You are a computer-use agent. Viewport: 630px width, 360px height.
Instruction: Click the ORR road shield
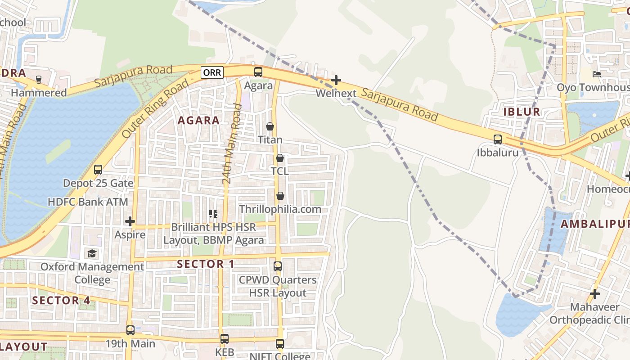[x=212, y=72]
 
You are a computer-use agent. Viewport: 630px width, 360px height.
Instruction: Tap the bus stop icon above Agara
[x=258, y=72]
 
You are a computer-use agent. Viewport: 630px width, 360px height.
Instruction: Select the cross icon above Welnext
[x=336, y=80]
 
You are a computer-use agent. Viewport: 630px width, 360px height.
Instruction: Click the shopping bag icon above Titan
[x=270, y=126]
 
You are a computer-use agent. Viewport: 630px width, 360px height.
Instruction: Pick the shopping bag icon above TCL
[x=280, y=158]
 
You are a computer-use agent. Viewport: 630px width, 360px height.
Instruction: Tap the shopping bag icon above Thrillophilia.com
[x=280, y=196]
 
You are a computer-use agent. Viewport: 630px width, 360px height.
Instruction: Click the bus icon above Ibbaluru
[x=498, y=139]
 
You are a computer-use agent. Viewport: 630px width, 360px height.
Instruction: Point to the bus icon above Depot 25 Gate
[x=98, y=170]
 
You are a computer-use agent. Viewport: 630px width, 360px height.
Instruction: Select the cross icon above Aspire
[x=130, y=221]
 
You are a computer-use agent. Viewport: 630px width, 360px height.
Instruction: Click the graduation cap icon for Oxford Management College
[x=92, y=253]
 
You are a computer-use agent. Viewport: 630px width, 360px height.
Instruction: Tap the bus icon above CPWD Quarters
[x=278, y=266]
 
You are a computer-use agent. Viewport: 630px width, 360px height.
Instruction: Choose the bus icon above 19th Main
[x=130, y=330]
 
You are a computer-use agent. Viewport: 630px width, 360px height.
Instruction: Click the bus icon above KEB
[x=225, y=338]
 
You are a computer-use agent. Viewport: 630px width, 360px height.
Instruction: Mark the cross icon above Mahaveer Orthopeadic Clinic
[x=595, y=294]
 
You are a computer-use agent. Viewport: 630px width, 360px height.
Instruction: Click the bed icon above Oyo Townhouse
[x=597, y=74]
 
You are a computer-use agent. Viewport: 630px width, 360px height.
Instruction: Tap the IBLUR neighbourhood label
[x=522, y=112]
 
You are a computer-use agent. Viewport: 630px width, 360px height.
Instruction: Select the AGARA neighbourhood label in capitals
[x=198, y=121]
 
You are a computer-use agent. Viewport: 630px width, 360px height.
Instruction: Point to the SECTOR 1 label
[x=206, y=264]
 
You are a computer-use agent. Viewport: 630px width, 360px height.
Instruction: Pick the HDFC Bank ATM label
[x=88, y=202]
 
